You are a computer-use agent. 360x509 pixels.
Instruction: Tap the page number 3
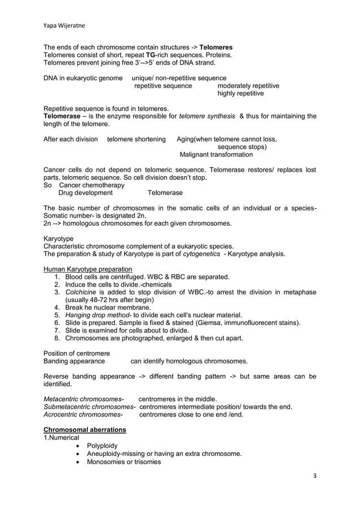click(314, 476)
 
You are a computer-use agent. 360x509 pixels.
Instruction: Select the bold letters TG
click(151, 55)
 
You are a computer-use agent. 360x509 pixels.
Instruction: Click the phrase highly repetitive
click(240, 93)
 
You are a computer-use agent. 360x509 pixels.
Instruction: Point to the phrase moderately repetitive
click(248, 85)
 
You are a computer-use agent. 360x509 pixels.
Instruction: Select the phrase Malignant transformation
click(216, 154)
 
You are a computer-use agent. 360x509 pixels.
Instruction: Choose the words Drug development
click(86, 193)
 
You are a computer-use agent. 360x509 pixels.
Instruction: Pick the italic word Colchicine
click(82, 292)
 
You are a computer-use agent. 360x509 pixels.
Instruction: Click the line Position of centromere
click(77, 353)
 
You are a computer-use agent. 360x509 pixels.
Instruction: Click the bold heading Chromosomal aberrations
click(85, 430)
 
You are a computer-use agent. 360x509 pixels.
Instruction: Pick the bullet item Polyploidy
click(102, 446)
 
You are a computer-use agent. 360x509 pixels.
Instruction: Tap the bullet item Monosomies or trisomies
click(124, 462)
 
